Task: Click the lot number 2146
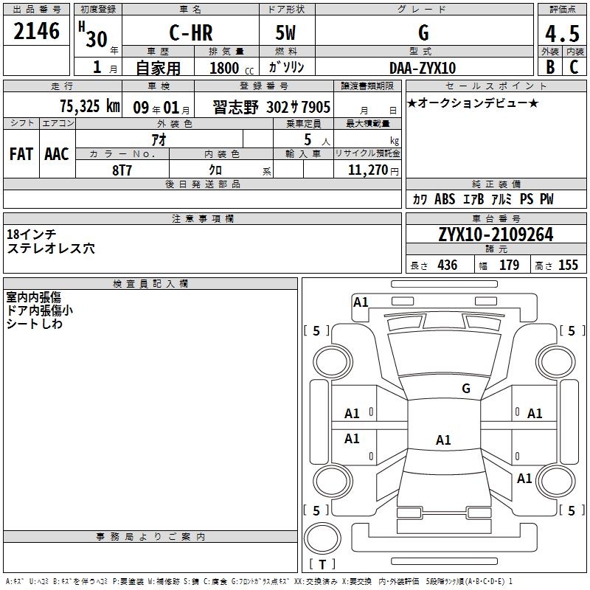(36, 31)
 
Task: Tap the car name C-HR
(191, 32)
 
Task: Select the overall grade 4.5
(562, 33)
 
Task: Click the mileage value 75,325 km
(90, 106)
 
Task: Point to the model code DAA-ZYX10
(423, 68)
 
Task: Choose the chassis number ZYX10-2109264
(496, 235)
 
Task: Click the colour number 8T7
(122, 170)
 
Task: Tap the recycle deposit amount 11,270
(368, 170)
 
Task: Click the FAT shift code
(21, 154)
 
